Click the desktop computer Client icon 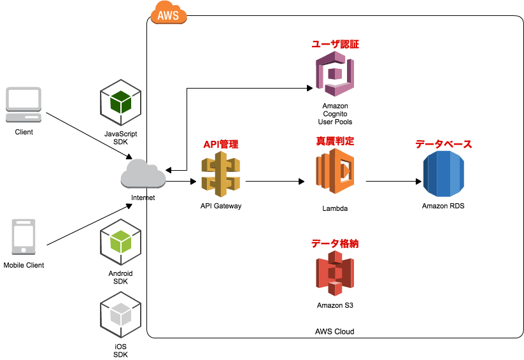point(24,104)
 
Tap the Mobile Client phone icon point(24,238)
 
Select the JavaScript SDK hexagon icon point(120,103)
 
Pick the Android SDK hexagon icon point(120,242)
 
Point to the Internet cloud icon point(143,175)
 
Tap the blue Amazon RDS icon point(444,174)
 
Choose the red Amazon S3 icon point(335,273)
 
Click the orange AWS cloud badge point(169,13)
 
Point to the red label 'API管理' point(220,145)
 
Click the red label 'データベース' point(443,145)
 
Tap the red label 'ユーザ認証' point(335,45)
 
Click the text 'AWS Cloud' point(334,331)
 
